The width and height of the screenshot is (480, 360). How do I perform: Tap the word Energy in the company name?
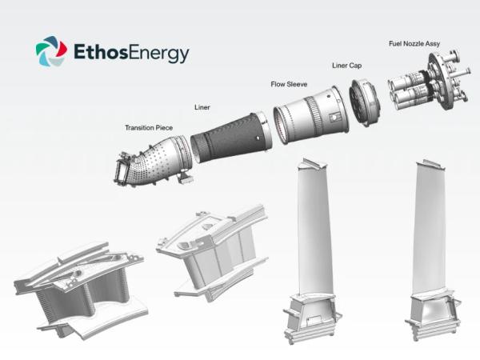(x=162, y=54)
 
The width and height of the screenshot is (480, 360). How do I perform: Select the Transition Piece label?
(x=150, y=127)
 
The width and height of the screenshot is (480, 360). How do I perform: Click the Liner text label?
(x=203, y=106)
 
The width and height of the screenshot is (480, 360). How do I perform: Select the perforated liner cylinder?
(x=229, y=135)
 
